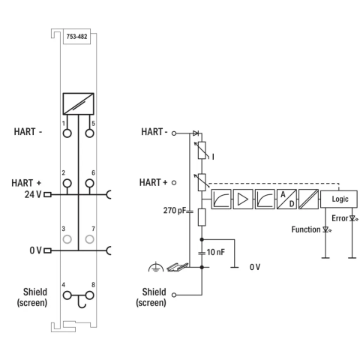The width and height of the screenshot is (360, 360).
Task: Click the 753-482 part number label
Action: click(x=76, y=37)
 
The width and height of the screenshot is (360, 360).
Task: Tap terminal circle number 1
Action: click(x=67, y=133)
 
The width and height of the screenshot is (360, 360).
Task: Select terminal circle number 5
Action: click(x=89, y=133)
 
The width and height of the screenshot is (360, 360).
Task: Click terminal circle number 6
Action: click(x=89, y=183)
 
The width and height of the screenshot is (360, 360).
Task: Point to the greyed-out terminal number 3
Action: click(x=67, y=239)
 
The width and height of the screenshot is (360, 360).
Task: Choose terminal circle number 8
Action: click(x=89, y=295)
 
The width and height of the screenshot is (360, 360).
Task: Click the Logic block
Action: click(x=339, y=199)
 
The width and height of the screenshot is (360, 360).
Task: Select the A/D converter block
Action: click(x=286, y=199)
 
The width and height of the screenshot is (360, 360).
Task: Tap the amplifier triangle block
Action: click(x=243, y=199)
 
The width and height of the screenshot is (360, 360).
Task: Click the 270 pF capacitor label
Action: click(x=175, y=211)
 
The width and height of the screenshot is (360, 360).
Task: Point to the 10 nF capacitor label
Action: click(x=215, y=252)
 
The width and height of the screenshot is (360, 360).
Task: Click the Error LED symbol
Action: click(x=353, y=218)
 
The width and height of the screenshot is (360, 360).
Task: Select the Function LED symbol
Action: click(x=326, y=229)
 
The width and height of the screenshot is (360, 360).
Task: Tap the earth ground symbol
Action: click(x=156, y=267)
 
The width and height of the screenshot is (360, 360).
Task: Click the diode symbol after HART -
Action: click(x=196, y=133)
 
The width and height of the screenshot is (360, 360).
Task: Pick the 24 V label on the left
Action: click(x=33, y=194)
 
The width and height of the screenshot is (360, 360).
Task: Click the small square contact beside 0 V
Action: click(x=47, y=250)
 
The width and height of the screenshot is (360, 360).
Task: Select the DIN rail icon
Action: click(x=177, y=267)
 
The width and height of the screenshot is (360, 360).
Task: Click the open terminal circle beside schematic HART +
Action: click(x=174, y=183)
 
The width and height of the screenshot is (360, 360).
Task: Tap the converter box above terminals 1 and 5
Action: click(x=78, y=103)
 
